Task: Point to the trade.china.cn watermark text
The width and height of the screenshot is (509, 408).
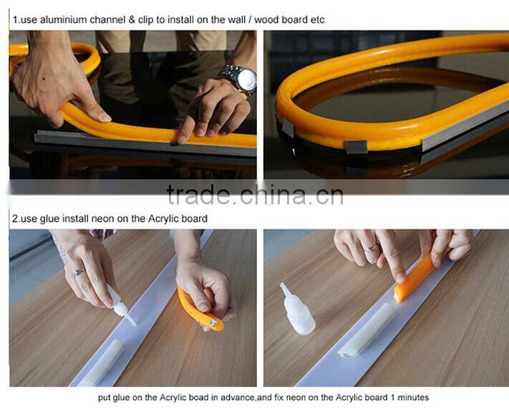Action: pos(254,194)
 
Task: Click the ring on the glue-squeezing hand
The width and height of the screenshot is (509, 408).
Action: pos(79,272)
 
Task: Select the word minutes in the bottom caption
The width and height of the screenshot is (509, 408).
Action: pos(412,397)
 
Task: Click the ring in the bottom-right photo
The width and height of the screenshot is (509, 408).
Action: pos(371,249)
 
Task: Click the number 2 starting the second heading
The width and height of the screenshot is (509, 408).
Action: pos(14,218)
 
